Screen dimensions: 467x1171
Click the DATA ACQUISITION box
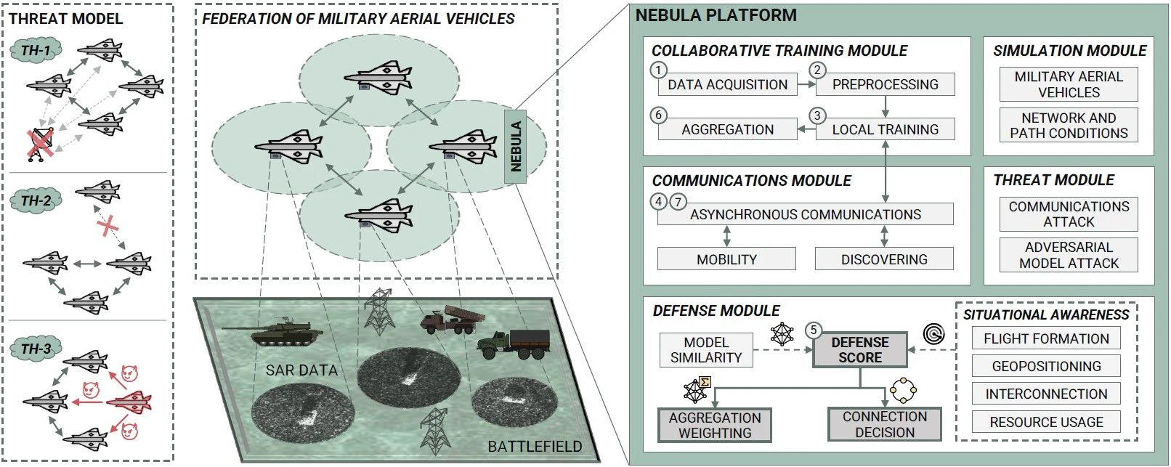(727, 85)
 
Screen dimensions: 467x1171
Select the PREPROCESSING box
(885, 85)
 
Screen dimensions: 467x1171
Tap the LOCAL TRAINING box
(885, 130)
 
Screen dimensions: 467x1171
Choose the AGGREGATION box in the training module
(727, 130)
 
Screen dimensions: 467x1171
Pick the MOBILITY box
(726, 259)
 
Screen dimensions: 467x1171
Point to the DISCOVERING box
(883, 259)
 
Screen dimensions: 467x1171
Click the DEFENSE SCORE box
(860, 350)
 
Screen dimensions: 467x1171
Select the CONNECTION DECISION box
(884, 424)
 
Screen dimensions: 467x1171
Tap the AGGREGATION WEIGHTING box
(715, 425)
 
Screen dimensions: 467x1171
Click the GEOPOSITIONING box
(1046, 366)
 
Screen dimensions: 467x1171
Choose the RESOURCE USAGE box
(1046, 422)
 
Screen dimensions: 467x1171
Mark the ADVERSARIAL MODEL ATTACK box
(1069, 256)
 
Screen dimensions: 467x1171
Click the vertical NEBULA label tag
(516, 146)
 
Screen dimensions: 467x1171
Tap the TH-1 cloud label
(36, 51)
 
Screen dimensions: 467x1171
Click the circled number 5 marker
(814, 330)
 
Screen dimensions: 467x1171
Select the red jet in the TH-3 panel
(130, 401)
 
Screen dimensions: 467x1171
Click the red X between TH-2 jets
(108, 227)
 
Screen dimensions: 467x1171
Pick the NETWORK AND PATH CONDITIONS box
(1069, 126)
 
